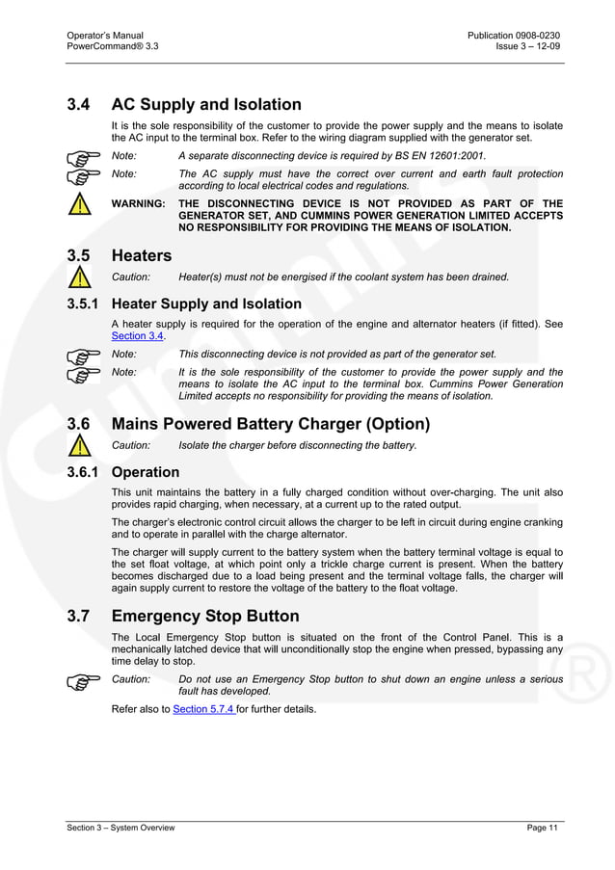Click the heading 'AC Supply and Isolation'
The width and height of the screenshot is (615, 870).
[206, 104]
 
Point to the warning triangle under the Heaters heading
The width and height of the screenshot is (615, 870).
[81, 277]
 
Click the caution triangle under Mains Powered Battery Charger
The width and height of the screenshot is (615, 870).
[81, 445]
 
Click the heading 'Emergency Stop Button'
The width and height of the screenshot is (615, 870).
[205, 616]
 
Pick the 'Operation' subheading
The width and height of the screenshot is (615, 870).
[146, 472]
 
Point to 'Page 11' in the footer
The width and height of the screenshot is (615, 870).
[544, 828]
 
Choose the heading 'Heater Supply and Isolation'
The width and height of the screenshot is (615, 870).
[206, 303]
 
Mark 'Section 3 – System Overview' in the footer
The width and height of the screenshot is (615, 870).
[120, 828]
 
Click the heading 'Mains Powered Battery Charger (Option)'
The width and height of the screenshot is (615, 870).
[271, 424]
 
